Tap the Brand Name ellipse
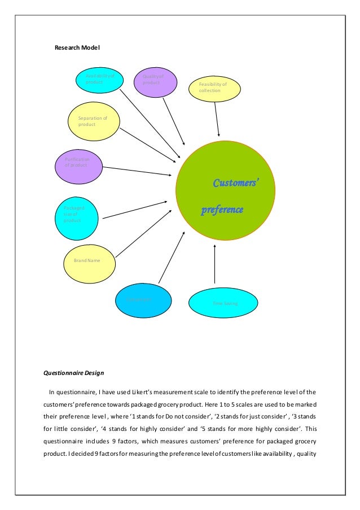click(x=90, y=262)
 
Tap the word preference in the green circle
click(x=222, y=210)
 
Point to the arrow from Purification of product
click(x=136, y=171)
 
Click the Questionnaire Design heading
click(x=74, y=373)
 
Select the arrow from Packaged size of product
click(x=134, y=210)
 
